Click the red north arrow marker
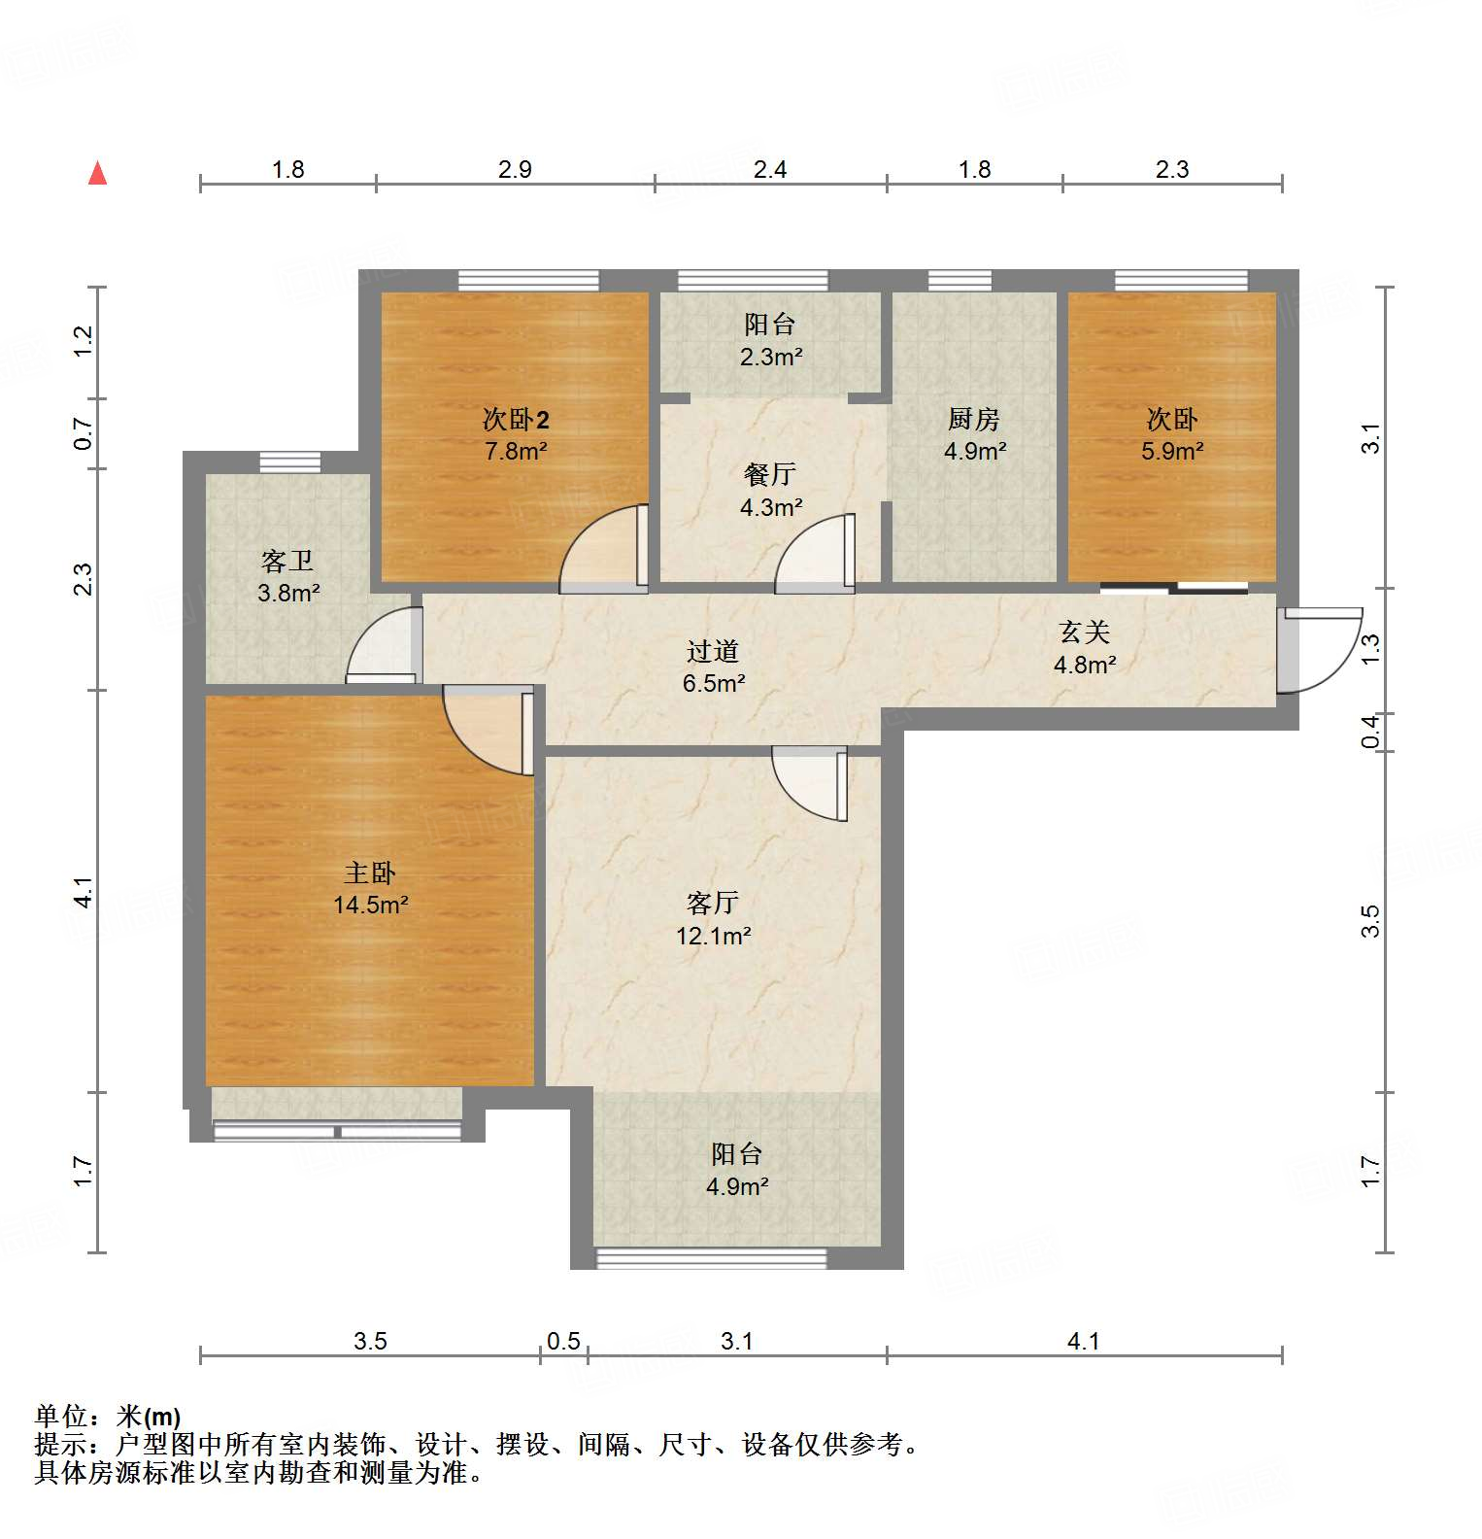click(97, 174)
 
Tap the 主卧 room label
click(370, 872)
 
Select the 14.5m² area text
click(370, 906)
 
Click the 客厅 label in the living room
click(713, 903)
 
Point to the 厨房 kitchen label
click(974, 419)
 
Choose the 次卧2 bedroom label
click(516, 420)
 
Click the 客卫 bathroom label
click(287, 561)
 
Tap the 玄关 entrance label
click(1084, 632)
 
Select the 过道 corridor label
click(713, 650)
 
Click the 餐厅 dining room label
click(770, 474)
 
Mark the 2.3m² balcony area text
click(770, 358)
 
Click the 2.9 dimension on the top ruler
click(515, 170)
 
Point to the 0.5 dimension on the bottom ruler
click(563, 1342)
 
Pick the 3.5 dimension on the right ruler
click(1370, 921)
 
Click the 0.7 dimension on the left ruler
click(84, 433)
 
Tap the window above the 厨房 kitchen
click(960, 281)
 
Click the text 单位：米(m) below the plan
click(107, 1417)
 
